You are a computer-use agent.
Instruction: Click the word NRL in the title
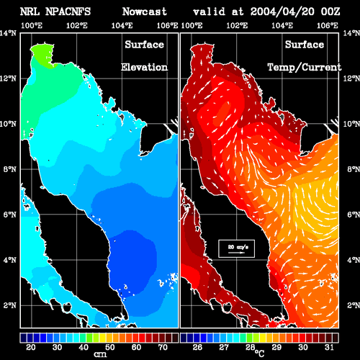30,12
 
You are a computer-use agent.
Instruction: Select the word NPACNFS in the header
68,12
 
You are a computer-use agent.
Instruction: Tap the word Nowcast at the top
145,12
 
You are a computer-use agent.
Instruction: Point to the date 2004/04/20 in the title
282,12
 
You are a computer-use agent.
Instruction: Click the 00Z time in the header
330,12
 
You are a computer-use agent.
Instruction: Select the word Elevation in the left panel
144,67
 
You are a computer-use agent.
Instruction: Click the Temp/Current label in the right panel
305,68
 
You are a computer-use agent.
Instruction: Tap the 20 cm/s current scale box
237,248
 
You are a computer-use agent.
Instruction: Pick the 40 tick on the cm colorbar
84,347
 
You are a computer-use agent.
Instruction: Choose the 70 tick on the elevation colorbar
163,347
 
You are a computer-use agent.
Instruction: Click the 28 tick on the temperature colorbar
250,347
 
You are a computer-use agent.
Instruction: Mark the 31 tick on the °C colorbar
329,347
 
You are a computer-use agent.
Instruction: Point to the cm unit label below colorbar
100,354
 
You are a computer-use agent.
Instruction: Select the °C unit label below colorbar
260,354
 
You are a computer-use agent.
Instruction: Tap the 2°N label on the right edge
354,305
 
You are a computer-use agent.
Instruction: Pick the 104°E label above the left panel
122,25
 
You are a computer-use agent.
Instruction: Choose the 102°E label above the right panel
237,25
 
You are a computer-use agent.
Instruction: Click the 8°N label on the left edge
10,169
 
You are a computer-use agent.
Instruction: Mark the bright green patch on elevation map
42,55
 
